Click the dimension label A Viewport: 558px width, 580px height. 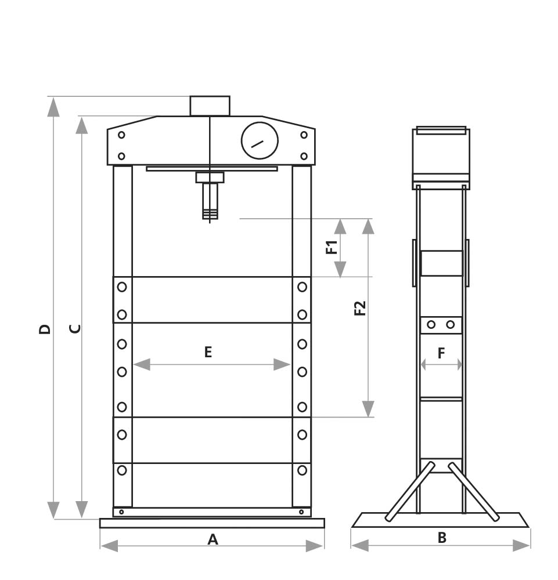click(x=213, y=539)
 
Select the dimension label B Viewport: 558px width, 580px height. click(x=442, y=538)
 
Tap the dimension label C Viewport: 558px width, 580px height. click(x=75, y=328)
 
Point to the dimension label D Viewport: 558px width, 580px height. click(x=45, y=329)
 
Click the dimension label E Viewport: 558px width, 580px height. click(x=208, y=351)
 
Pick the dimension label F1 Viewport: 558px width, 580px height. click(x=332, y=248)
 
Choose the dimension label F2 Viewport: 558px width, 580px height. click(x=361, y=308)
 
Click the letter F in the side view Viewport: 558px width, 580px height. click(x=441, y=353)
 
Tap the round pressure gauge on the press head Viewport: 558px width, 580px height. click(x=260, y=141)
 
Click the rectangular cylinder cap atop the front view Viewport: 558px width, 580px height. click(x=210, y=106)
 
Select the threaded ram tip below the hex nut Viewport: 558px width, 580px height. click(x=210, y=201)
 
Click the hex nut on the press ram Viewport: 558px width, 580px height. click(x=210, y=177)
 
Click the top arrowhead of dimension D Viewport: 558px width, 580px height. click(x=53, y=107)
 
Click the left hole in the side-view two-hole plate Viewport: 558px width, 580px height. click(x=431, y=325)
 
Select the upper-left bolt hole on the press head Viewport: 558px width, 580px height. click(x=121, y=135)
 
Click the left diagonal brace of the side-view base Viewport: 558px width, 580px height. click(x=410, y=491)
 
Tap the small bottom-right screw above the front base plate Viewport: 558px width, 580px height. click(x=301, y=512)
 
